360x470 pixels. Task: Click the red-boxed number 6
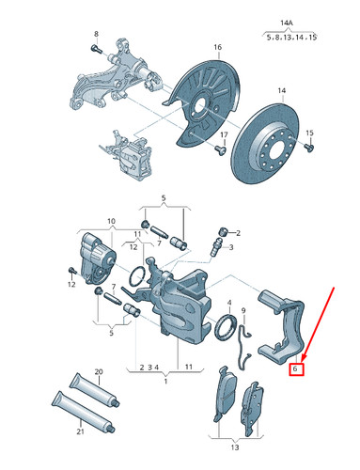[295, 369]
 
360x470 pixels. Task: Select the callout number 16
[217, 46]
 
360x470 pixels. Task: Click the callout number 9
[243, 308]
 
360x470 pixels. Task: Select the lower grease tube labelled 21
[85, 416]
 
